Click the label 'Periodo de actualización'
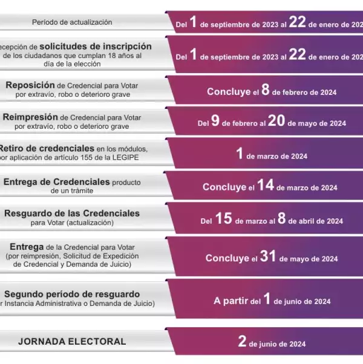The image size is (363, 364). click(72, 22)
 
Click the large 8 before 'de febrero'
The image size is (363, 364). click(265, 91)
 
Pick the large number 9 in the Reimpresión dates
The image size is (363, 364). click(214, 122)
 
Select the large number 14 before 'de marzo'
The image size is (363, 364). click(265, 186)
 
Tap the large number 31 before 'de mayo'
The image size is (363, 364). click(268, 257)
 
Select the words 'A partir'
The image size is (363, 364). click(229, 301)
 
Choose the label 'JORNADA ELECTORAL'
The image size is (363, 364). click(72, 342)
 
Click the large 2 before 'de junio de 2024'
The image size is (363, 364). click(242, 342)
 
